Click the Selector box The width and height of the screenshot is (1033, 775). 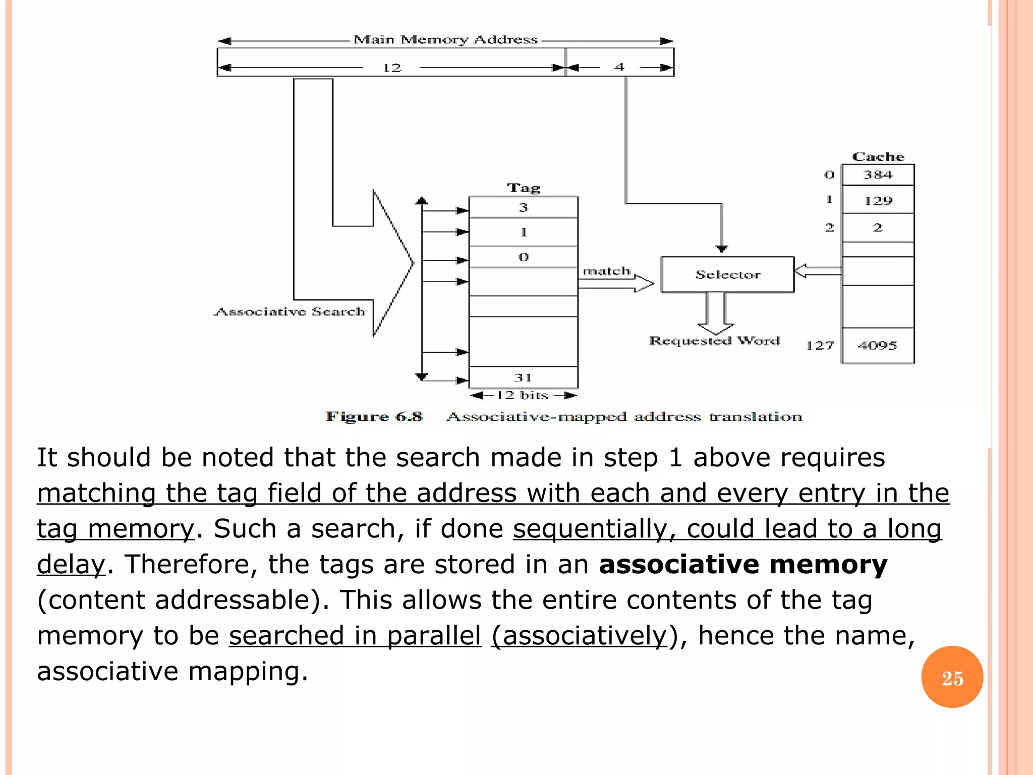tap(727, 274)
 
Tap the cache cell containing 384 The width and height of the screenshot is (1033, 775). tap(878, 175)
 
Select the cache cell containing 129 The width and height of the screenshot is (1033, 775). tap(878, 200)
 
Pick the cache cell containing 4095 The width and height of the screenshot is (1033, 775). tap(878, 346)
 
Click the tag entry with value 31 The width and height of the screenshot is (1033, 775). tap(523, 377)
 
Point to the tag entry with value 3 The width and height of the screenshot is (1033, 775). tap(523, 207)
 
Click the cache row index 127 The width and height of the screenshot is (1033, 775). tap(820, 346)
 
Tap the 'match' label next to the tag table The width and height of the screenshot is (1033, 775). tap(606, 271)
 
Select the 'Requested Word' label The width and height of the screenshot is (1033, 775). tap(714, 341)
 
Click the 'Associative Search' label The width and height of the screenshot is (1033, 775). tap(290, 312)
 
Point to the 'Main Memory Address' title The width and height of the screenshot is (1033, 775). tap(445, 40)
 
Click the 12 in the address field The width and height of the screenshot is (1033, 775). tap(391, 68)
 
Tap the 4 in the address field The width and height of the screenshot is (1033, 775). tap(619, 67)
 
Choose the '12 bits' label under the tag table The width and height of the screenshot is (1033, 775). tap(523, 395)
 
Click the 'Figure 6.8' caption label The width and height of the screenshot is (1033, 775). tap(374, 417)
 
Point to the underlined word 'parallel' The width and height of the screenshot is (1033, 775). tap(434, 635)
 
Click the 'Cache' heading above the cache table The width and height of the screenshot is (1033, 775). tap(878, 157)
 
